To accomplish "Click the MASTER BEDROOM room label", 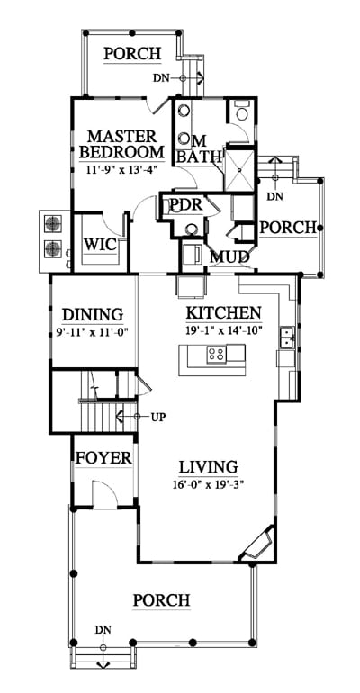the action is coord(121,144).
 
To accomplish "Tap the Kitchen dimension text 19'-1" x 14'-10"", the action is coord(224,329).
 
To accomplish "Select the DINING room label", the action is coord(93,315).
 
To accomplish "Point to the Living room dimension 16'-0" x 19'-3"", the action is coord(209,484).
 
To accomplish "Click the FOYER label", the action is coord(103,458).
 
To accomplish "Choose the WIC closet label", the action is coord(100,244).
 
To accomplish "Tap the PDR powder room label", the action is coord(186,205).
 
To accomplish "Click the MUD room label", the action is coord(229,256).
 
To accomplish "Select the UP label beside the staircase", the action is coord(158,417).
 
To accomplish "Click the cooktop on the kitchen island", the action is coord(216,353).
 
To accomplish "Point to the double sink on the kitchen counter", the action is coord(287,337).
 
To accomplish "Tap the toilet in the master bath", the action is coord(241,112).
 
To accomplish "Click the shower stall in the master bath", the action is coord(239,170).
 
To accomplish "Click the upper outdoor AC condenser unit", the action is coord(52,223).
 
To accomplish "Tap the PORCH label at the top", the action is coord(132,53).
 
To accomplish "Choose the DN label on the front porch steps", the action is coord(103,629).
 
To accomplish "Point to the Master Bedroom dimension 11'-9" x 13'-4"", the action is coord(119,168).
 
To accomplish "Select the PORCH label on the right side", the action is coord(288,228).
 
